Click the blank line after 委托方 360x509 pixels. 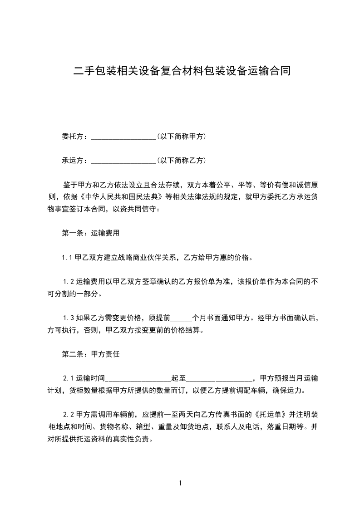123,137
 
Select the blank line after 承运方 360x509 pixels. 123,161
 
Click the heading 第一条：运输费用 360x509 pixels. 90,234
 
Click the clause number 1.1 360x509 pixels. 68,258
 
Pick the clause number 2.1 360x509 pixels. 69,378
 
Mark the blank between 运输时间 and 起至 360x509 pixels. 138,379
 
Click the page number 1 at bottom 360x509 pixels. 180,483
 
